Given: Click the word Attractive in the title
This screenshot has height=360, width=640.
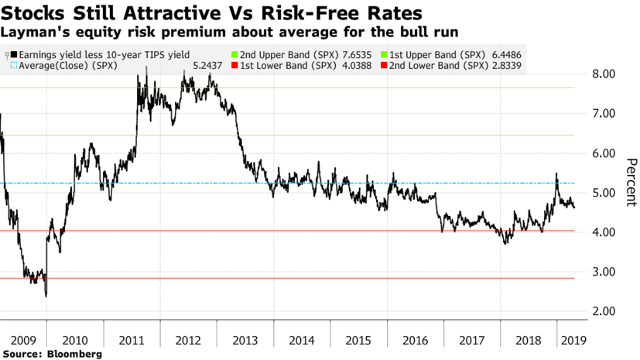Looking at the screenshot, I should pos(148,13).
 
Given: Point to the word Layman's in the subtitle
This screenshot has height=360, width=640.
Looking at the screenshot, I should pos(29,33).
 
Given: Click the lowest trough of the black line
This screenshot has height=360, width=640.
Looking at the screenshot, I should pos(46,296).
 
